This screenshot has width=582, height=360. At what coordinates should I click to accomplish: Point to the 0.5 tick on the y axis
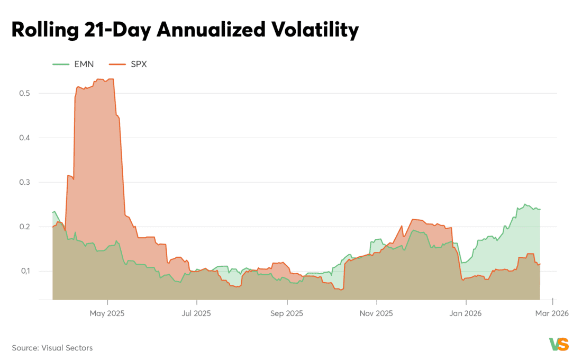tap(24, 93)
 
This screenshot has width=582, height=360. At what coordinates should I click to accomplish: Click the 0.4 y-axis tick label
tap(24, 138)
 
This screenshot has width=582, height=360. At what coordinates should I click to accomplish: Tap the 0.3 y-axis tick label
tap(24, 182)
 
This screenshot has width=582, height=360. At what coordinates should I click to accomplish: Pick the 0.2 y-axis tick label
tap(24, 227)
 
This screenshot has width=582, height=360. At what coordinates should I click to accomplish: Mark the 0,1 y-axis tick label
tap(24, 271)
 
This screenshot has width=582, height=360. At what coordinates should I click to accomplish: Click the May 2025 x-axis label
tap(107, 313)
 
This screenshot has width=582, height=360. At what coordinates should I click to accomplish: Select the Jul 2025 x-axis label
tap(196, 313)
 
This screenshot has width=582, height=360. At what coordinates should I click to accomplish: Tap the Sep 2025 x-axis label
tap(287, 313)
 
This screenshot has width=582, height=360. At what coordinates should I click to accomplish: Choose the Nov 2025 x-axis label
tap(376, 313)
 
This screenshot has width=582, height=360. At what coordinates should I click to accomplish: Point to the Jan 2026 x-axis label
tap(466, 313)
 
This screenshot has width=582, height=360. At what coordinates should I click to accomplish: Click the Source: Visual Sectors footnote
tap(52, 348)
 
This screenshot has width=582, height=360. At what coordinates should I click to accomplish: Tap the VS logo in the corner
tap(559, 344)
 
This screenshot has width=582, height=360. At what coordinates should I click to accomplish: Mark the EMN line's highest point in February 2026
tap(525, 204)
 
